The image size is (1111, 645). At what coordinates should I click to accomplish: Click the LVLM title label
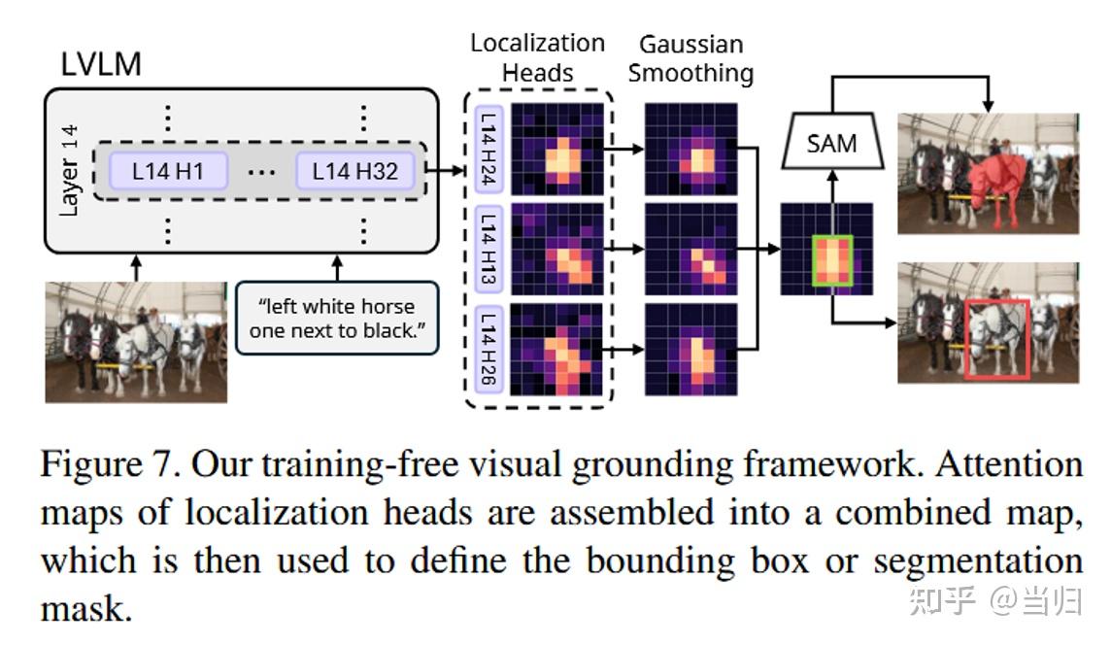point(101,64)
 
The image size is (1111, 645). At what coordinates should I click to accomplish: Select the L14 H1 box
point(167,172)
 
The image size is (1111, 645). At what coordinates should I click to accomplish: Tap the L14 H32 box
point(355,172)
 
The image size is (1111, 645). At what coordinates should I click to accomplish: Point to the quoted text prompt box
point(337,318)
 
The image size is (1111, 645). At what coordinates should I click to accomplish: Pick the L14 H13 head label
point(488,250)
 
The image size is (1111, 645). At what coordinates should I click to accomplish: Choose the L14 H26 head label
point(488,351)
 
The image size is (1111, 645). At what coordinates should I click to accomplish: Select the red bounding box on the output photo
point(997,339)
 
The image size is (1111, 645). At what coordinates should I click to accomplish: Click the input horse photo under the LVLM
point(136,342)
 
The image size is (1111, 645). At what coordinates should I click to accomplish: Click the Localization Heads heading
point(537,57)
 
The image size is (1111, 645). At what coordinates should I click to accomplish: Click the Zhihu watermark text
point(996,601)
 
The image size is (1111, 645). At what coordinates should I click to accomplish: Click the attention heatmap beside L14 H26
point(556,351)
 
